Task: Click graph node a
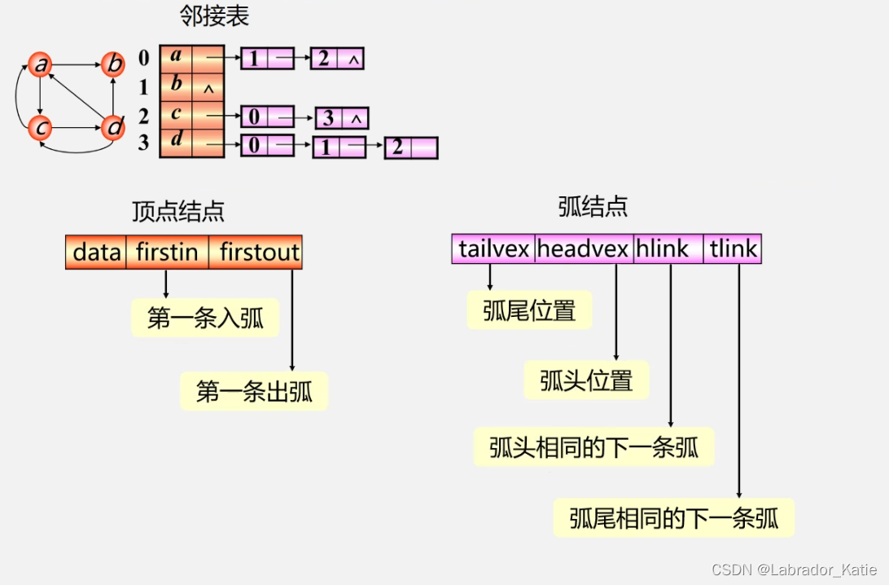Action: (x=40, y=64)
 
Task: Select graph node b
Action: (x=114, y=64)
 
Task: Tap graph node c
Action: (x=40, y=127)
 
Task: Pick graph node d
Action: (x=114, y=127)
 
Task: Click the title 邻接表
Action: (x=213, y=16)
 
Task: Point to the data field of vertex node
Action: (x=96, y=253)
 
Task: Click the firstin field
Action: (x=167, y=253)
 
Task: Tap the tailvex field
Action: (x=493, y=249)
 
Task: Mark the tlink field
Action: (x=734, y=249)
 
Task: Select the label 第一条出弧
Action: (x=254, y=392)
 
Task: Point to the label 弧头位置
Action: (x=586, y=380)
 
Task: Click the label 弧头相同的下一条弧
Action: (x=593, y=447)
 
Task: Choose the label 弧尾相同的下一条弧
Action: (x=673, y=518)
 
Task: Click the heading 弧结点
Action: (x=593, y=207)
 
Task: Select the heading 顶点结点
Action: (x=178, y=212)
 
